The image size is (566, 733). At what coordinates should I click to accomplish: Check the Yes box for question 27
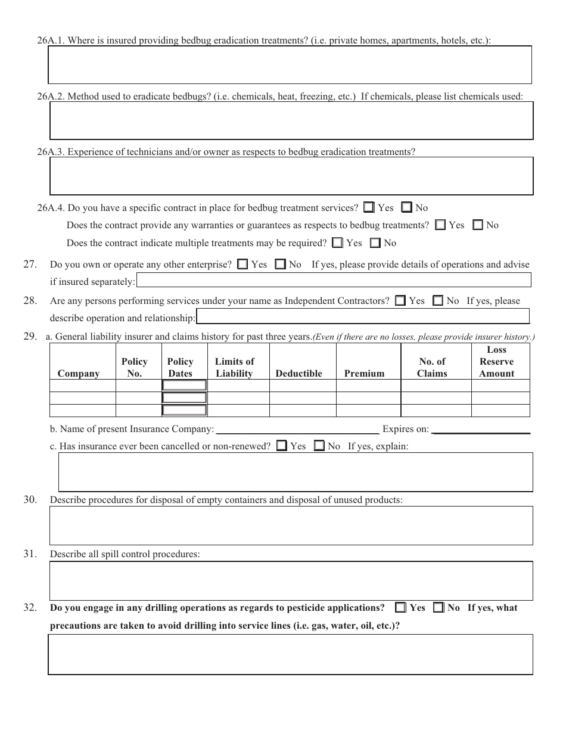242,265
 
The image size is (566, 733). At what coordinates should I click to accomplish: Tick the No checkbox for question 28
438,301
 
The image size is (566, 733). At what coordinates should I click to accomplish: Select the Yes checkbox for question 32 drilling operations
400,608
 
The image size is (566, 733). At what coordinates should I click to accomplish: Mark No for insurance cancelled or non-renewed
319,446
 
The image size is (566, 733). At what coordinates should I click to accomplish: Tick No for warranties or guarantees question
478,225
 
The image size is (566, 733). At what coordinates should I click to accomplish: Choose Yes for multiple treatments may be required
338,243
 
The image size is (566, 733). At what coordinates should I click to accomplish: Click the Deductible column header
298,374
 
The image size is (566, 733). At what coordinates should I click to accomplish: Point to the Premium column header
364,374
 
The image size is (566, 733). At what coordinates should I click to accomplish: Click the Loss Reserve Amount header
496,362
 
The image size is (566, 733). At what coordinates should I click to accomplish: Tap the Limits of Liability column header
234,368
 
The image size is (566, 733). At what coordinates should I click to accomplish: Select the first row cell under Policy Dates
185,386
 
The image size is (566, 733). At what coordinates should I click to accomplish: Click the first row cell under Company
82,386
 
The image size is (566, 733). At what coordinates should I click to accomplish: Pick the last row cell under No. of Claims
436,411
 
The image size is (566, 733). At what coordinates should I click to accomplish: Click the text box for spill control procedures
291,580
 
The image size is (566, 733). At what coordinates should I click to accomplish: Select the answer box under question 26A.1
290,65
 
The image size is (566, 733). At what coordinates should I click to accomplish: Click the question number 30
30,500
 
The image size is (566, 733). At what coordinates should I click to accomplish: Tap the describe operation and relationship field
362,316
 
